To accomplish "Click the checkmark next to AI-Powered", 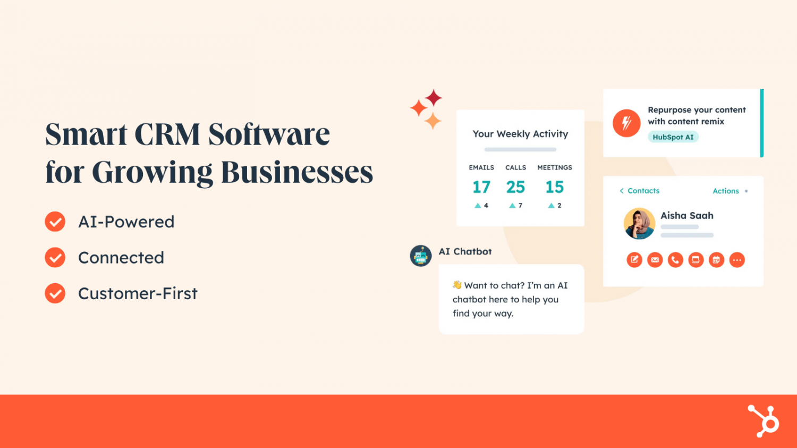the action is click(x=55, y=222).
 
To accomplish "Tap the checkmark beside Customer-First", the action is click(x=55, y=293).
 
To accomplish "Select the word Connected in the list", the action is click(x=121, y=258).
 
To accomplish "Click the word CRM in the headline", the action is click(x=167, y=134).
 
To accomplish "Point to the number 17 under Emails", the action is click(x=481, y=187).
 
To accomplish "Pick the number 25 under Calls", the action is click(x=515, y=187).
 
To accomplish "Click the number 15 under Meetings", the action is click(x=555, y=187).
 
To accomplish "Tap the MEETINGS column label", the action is click(x=555, y=167).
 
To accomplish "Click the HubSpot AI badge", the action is click(x=673, y=137).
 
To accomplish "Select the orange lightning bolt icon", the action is click(x=626, y=123).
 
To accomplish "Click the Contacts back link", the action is click(x=639, y=191).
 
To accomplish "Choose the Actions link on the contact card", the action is click(x=726, y=191).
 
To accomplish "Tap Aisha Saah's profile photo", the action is click(x=639, y=223).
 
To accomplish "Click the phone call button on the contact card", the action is click(x=675, y=260).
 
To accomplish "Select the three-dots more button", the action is click(x=737, y=260).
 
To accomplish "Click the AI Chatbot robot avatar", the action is click(x=421, y=256).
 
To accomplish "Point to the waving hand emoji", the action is click(x=457, y=285).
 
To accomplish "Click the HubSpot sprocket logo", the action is click(x=764, y=420).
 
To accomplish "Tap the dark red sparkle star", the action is click(x=434, y=98).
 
